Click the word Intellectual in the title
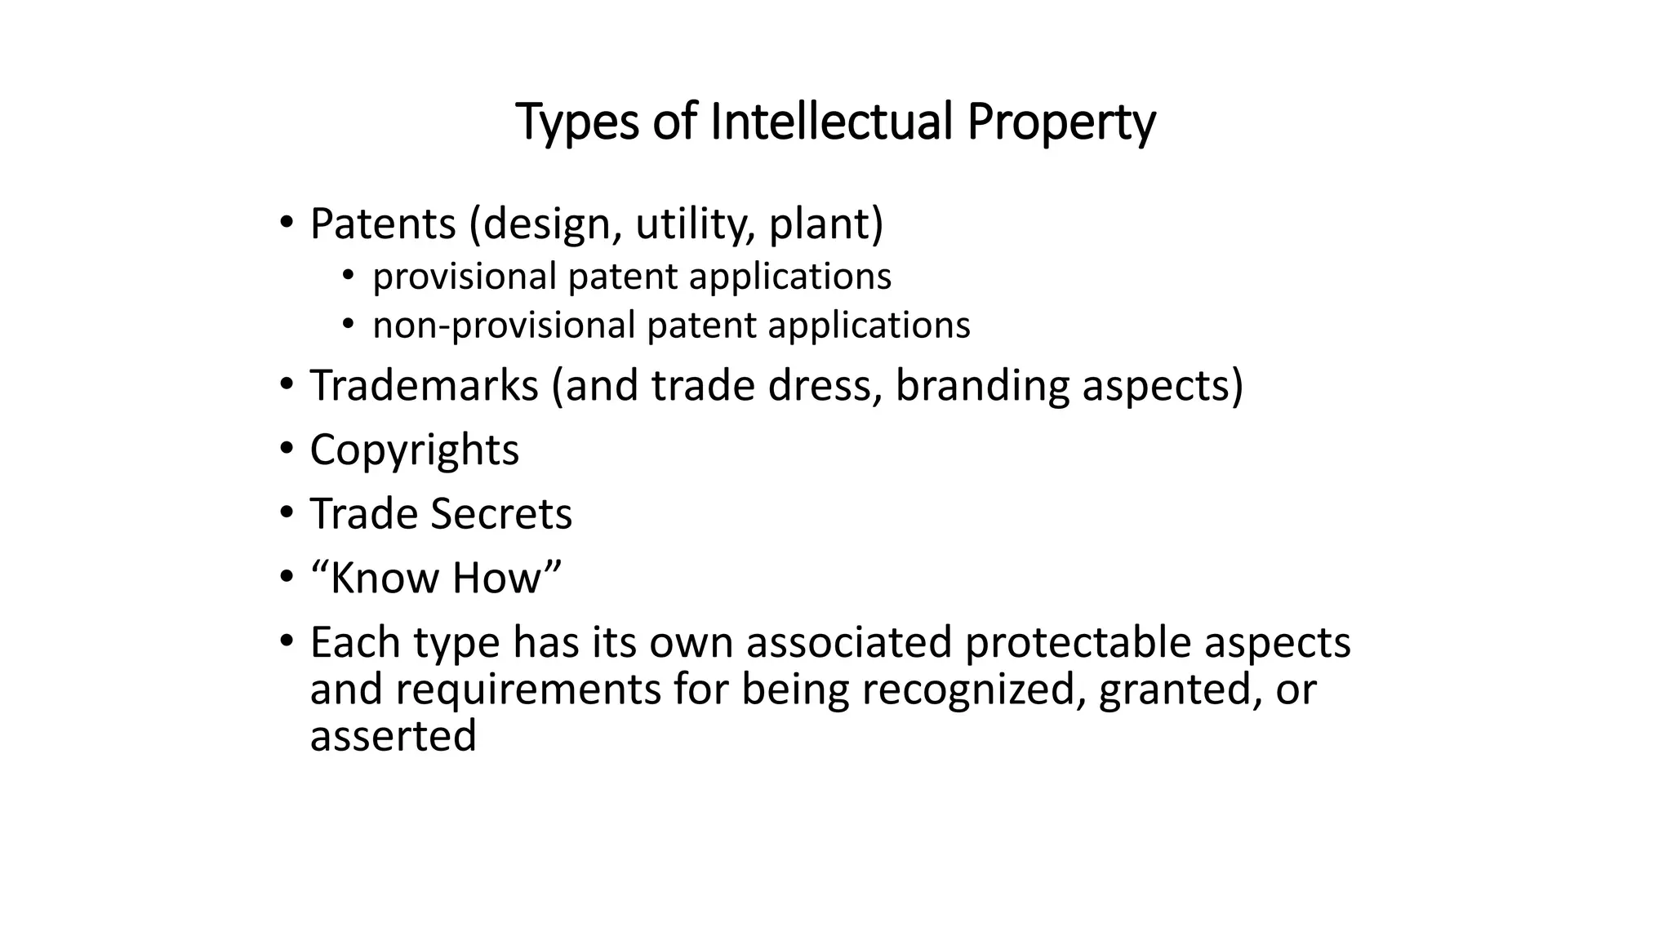[x=831, y=122]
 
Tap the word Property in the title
[x=1061, y=123]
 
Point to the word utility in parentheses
[x=693, y=224]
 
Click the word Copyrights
[x=414, y=450]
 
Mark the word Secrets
[x=501, y=514]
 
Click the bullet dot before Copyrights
[x=285, y=449]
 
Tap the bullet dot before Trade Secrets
[x=285, y=512]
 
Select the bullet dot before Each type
[x=285, y=641]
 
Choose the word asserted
[x=393, y=736]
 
